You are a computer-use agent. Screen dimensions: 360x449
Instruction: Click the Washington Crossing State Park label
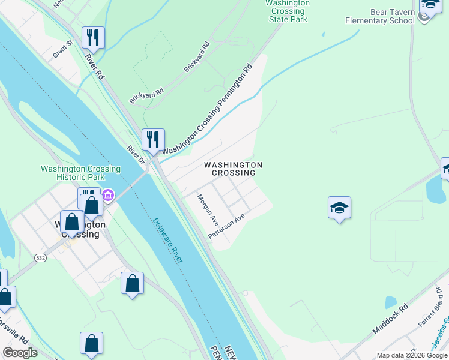tap(288, 11)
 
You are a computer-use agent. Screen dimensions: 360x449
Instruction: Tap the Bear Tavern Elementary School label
tap(379, 16)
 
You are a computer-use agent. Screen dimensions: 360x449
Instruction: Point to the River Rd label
tap(95, 67)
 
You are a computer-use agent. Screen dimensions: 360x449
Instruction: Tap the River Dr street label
tap(136, 155)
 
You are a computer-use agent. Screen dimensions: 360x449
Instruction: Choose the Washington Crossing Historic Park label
tap(80, 173)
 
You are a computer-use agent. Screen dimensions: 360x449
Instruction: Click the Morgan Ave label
tap(208, 208)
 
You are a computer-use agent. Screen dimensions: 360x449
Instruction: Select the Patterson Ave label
tap(227, 226)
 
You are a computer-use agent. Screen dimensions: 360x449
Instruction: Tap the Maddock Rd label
tap(390, 319)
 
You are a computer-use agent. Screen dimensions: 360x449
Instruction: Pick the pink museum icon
tap(108, 195)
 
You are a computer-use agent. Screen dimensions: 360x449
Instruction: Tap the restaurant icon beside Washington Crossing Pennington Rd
tap(153, 139)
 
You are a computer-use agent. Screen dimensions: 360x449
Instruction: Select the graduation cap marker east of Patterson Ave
tap(339, 208)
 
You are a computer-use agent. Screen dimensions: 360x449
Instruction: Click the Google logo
tap(20, 353)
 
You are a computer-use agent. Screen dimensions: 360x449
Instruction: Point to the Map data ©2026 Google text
tap(412, 355)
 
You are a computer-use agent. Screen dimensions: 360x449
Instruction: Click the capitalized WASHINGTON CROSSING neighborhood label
tap(233, 169)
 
